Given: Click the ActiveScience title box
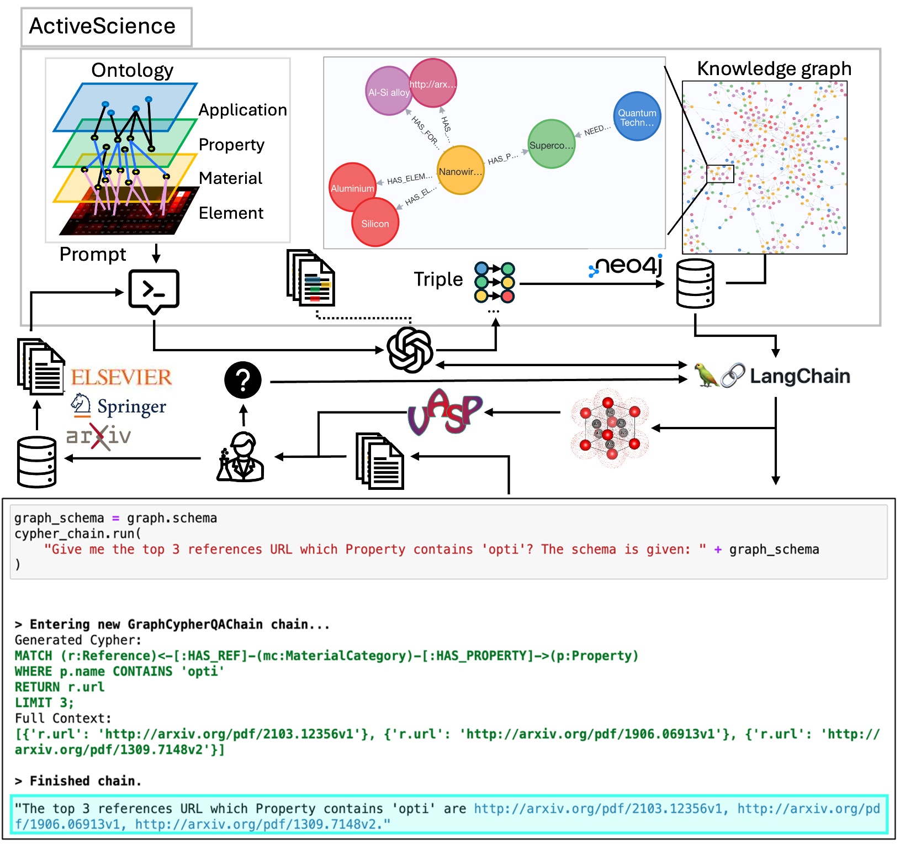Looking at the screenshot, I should point(106,27).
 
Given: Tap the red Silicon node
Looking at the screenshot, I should point(375,223).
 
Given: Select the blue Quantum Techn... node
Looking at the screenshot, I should point(637,117).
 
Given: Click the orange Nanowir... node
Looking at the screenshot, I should point(460,171).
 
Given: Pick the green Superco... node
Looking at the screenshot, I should point(551,144).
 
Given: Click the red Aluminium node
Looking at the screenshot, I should point(352,187).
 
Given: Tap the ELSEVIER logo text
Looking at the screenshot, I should point(121,378).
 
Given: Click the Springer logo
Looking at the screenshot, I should point(118,406).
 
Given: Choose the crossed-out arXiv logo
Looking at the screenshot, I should point(99,436).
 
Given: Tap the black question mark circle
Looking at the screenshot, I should point(242,380).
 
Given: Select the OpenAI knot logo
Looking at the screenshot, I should point(410,350).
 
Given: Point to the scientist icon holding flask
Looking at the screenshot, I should point(241,457).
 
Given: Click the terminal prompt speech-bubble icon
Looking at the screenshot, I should point(153,291).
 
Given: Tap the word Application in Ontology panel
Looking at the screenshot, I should point(242,110).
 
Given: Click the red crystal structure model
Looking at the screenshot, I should point(610,428).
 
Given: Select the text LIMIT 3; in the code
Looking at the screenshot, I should point(44,703).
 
